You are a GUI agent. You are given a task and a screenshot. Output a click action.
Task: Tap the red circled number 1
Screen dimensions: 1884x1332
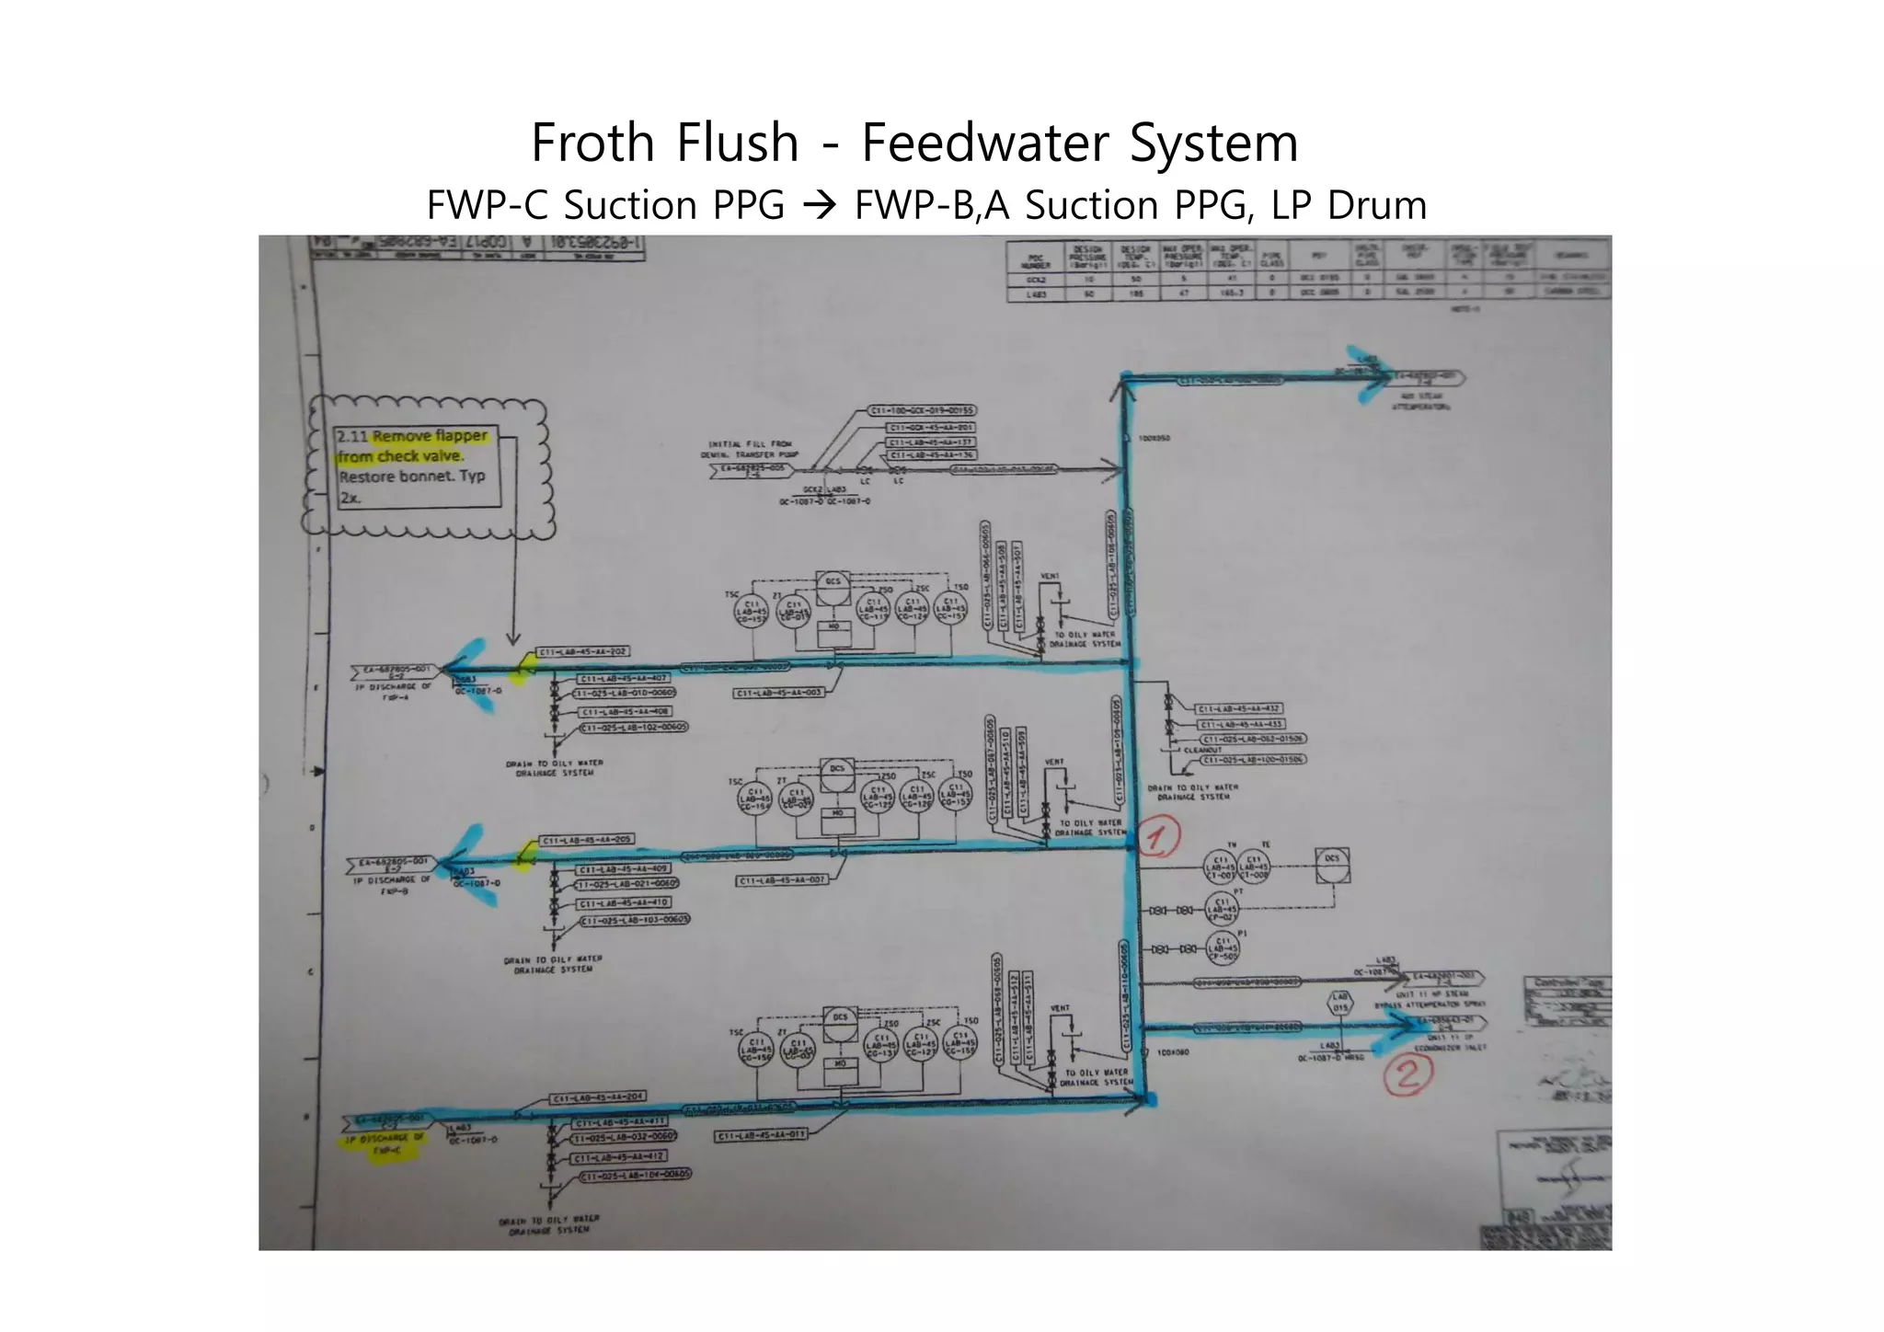pos(1158,839)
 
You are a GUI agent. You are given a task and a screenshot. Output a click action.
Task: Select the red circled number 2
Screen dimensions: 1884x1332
pos(1408,1074)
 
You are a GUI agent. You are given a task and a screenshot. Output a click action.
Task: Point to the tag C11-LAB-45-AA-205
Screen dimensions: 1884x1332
pos(586,840)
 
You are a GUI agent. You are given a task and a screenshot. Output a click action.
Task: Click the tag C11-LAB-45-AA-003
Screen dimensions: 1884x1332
pos(779,693)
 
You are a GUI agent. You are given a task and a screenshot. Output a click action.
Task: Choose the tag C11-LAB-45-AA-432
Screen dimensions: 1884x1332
pos(1238,708)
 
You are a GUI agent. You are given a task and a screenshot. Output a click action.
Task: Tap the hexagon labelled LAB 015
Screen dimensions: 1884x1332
pos(1340,1002)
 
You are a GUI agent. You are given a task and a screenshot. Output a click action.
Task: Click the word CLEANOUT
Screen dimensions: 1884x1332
pos(1202,750)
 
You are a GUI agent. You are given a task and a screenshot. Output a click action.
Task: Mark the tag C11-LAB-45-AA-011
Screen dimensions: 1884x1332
pos(761,1134)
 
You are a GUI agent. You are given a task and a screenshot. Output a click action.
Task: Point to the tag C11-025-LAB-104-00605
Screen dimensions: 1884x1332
pos(635,1173)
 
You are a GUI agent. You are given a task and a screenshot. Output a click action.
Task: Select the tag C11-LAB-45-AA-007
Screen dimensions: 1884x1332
pos(782,880)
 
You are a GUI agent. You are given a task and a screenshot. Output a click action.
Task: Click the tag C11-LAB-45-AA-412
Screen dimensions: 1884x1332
pos(620,1156)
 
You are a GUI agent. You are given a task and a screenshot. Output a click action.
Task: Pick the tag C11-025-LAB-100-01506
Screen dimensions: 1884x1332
pos(1252,759)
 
